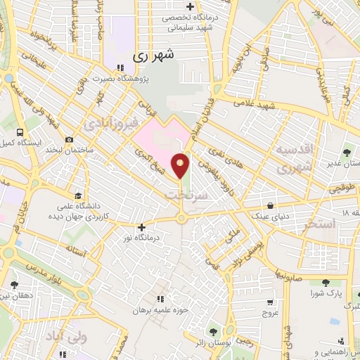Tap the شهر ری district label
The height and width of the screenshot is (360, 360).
[x=154, y=53]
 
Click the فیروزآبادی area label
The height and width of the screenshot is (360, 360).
[x=106, y=125]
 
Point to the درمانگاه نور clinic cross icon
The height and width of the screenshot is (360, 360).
[x=143, y=227]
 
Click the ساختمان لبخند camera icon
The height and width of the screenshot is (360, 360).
[x=68, y=139]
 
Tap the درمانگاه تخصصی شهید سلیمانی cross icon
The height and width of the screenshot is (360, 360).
[x=189, y=7]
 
